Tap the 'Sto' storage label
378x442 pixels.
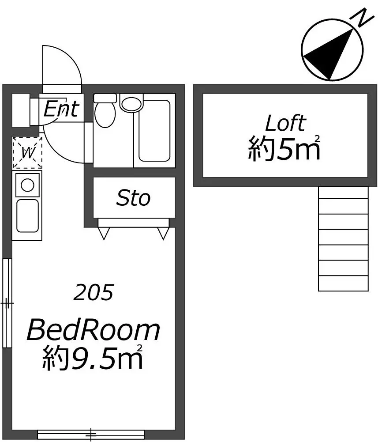(134, 198)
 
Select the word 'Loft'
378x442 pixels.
(286, 123)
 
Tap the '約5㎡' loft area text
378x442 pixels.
(284, 148)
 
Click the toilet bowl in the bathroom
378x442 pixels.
(105, 115)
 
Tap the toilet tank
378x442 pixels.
(105, 98)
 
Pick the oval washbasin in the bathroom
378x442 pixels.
(132, 104)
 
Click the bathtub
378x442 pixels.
(154, 131)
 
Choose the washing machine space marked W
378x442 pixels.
(27, 153)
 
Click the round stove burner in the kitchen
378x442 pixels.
(28, 185)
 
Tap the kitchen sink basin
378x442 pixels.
(28, 216)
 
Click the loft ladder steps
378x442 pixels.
(343, 238)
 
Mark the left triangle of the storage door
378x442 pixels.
(104, 234)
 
